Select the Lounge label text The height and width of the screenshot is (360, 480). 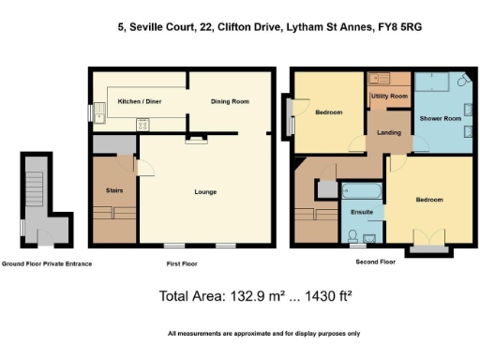click(205, 192)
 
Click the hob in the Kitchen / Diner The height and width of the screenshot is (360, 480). click(142, 122)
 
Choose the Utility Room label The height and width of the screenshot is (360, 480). click(388, 97)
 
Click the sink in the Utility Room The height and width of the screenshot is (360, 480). click(380, 79)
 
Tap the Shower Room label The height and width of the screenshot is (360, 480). click(440, 119)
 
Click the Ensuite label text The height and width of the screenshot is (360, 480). click(362, 213)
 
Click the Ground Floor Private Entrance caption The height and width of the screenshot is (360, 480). click(47, 264)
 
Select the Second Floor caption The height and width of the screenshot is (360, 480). click(375, 262)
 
